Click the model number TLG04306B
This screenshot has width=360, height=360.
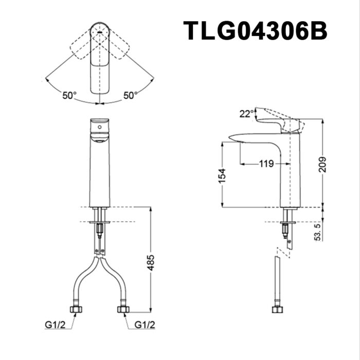pos(255,31)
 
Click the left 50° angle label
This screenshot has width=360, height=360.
pos(69,95)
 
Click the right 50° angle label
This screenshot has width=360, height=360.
pos(130,95)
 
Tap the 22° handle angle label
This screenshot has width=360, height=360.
pos(246,114)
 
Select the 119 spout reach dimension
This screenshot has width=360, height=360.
pos(266,164)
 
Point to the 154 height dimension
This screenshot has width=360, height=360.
pos(222,176)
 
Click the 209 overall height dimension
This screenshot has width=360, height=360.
pos(322,164)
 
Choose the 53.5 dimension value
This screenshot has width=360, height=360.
pos(319,232)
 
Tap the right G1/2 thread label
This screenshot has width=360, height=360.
pos(145,325)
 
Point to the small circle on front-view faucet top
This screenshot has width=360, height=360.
pos(99,125)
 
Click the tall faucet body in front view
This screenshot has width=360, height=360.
pos(100,170)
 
